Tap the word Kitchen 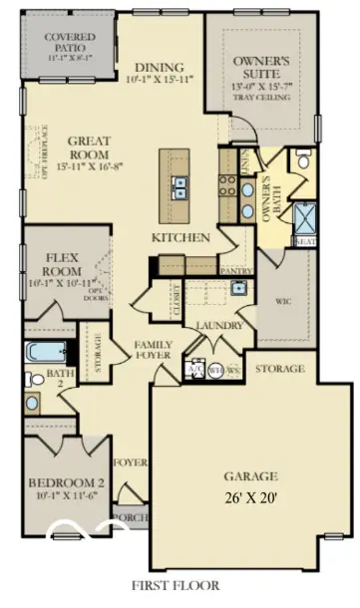180,238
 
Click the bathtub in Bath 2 47,352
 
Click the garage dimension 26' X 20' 251,494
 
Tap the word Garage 250,475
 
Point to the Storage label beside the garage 279,369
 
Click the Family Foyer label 154,349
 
